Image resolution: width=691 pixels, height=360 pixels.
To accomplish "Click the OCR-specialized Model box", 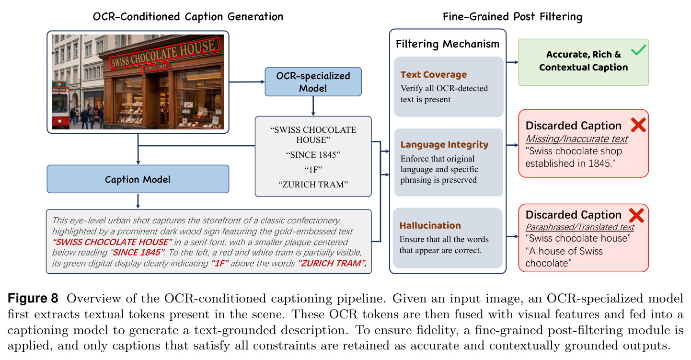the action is (x=313, y=82).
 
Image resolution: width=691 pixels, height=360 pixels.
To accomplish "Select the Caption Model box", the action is (x=138, y=179).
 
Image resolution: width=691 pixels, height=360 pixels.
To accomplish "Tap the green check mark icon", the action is (x=638, y=50).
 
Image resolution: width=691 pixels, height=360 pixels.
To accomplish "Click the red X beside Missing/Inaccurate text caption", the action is (x=638, y=125).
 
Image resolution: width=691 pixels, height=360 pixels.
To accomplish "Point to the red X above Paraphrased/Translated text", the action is (x=636, y=215).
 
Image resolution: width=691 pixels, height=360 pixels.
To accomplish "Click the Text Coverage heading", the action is (x=433, y=74).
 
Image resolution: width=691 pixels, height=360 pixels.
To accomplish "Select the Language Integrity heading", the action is (x=444, y=144).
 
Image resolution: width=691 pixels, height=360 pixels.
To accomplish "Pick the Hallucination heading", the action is (x=430, y=225).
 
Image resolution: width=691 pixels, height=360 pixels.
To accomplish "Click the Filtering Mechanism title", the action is (x=447, y=44).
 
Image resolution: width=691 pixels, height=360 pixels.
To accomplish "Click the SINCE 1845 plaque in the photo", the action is (x=155, y=67).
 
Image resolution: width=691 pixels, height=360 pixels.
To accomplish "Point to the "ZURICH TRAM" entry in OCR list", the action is (x=313, y=185).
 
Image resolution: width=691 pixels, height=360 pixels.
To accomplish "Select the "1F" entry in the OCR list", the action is (x=313, y=169).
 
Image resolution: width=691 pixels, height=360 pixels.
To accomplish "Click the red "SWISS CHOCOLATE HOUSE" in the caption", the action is (x=112, y=242).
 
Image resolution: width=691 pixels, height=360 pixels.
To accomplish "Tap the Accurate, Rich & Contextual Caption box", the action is (x=583, y=62).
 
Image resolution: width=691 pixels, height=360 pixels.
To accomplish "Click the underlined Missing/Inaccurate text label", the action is (x=576, y=139).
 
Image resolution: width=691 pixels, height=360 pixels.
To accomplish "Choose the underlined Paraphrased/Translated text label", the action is (x=580, y=227).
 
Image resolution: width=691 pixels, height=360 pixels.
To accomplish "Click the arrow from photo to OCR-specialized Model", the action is (x=247, y=82).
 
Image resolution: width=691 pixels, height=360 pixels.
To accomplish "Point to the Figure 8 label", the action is (x=33, y=298).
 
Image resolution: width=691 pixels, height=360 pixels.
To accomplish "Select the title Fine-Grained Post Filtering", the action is (x=512, y=17).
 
